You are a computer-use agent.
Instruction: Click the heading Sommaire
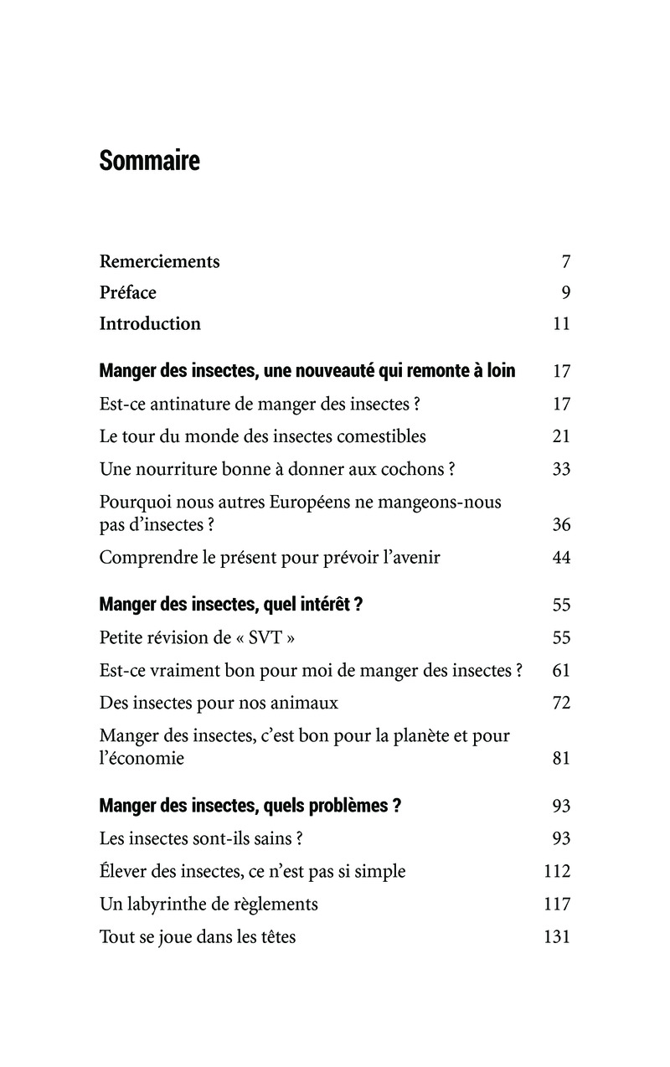(149, 160)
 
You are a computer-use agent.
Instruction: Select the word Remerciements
(159, 261)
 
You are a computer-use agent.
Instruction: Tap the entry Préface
(127, 292)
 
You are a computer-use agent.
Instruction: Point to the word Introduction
(150, 323)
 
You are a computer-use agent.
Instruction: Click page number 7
(566, 261)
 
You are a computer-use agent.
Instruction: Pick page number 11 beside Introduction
(562, 323)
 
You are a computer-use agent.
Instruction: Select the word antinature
(183, 404)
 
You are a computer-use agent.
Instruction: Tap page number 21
(561, 436)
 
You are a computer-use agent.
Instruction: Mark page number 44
(561, 558)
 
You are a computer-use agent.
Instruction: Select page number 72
(561, 703)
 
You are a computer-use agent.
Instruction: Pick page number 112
(557, 871)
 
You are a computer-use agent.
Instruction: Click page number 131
(557, 936)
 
